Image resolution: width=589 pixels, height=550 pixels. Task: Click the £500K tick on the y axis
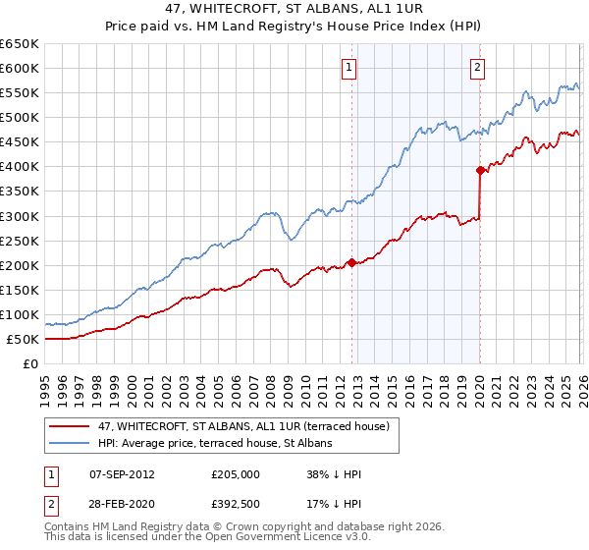coord(20,118)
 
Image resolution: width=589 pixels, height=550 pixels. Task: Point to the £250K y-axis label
coord(20,241)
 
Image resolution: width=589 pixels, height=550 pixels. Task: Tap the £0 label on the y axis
coord(30,364)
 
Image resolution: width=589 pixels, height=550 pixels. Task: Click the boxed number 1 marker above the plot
coord(349,68)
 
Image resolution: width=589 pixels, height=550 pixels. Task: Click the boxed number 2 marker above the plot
coord(477,68)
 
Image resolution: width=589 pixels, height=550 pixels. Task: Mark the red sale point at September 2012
coord(351,262)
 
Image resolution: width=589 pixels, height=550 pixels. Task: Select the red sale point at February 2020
coord(480,170)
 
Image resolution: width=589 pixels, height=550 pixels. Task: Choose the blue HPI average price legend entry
coord(215,444)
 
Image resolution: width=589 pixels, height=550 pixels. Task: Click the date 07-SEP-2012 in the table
coord(121,474)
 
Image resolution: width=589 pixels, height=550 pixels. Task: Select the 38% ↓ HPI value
coord(334,474)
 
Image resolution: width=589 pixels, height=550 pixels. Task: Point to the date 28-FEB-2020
coord(121,504)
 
